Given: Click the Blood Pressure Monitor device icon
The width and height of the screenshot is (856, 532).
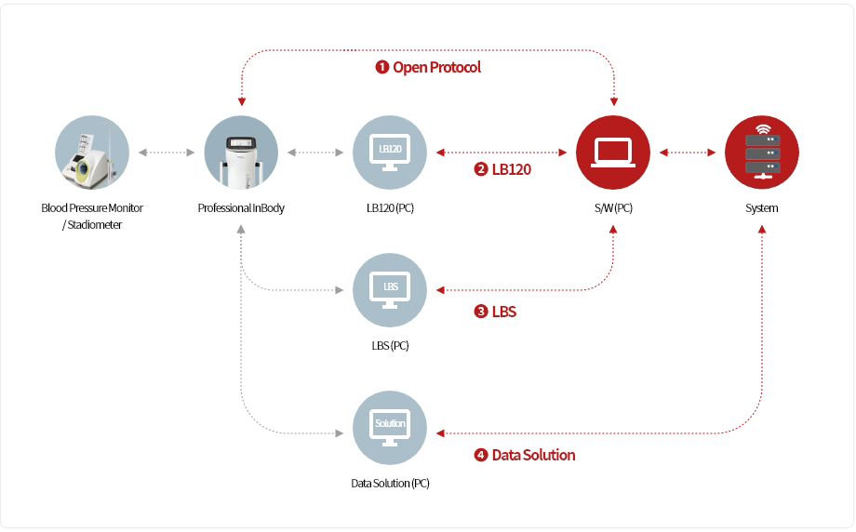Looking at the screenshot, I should pos(92,152).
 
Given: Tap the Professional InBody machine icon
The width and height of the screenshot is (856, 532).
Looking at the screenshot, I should pos(241,152).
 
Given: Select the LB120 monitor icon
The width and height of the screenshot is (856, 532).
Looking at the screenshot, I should pos(390,152).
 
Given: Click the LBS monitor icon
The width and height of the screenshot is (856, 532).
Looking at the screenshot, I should pos(390,289).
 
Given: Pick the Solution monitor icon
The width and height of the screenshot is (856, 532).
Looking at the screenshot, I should pos(390,427).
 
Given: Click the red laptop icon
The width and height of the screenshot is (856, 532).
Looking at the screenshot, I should pos(613,152).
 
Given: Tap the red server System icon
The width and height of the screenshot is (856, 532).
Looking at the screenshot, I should pos(762,152).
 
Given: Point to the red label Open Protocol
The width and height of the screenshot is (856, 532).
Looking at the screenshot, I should pos(436,68).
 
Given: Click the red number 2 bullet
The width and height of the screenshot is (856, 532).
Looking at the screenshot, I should pos(481,169).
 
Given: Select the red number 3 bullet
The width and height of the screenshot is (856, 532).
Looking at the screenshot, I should pos(481,312).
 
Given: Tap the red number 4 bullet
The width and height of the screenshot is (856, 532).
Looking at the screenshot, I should pos(481,455).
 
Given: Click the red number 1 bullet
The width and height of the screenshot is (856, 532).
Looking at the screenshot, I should pos(381,68).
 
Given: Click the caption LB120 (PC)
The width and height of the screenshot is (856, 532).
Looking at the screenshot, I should pos(390,208).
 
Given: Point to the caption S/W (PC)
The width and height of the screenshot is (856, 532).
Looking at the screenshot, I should pos(613,208).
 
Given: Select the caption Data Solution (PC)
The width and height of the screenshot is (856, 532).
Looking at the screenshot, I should pos(390,484).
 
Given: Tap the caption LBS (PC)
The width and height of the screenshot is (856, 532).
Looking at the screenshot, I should pos(390,346).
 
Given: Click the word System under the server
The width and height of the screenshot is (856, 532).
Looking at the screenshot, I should pos(762,208).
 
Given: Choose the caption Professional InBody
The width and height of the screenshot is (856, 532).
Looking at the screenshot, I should pos(241,208).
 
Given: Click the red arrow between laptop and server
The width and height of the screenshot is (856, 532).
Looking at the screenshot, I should pos(688,152).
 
